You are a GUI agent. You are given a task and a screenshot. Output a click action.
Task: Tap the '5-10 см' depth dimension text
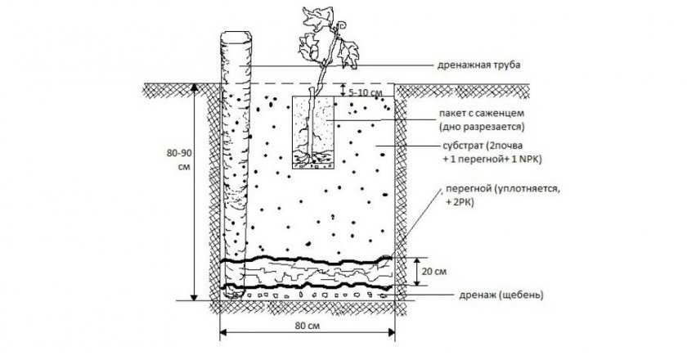[x=366, y=93]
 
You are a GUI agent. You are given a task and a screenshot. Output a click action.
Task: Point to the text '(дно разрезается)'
[x=487, y=128]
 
